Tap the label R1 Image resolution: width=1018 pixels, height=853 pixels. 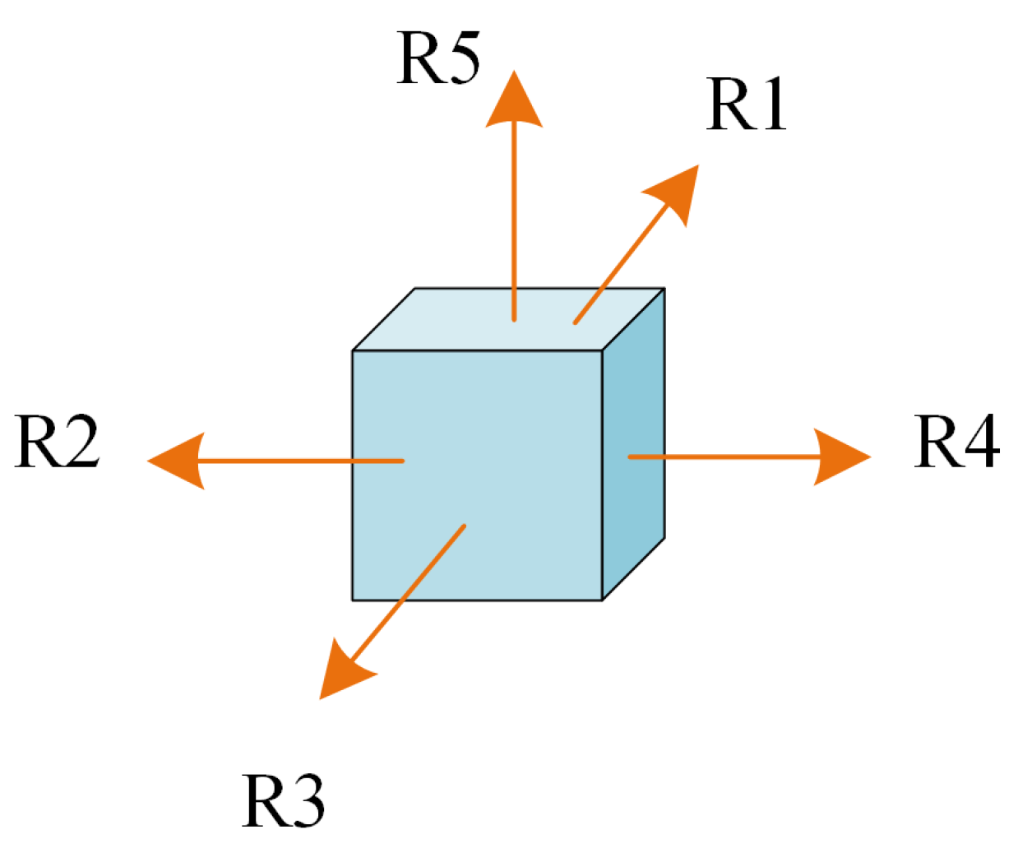point(747,105)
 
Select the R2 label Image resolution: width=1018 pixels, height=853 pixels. point(57,443)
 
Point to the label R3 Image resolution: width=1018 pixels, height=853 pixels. point(284,801)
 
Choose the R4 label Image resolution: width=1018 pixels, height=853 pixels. point(957,443)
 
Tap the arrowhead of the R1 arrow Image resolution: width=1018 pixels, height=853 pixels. point(675,192)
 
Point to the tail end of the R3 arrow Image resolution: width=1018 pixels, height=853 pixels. point(465,526)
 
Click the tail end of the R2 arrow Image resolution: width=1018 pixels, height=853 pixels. point(402,461)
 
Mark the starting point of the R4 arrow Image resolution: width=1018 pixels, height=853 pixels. point(630,457)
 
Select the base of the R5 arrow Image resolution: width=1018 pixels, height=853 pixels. point(514,318)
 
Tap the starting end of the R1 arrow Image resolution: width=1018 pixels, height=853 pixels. point(576,322)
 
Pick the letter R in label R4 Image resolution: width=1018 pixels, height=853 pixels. point(937,443)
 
